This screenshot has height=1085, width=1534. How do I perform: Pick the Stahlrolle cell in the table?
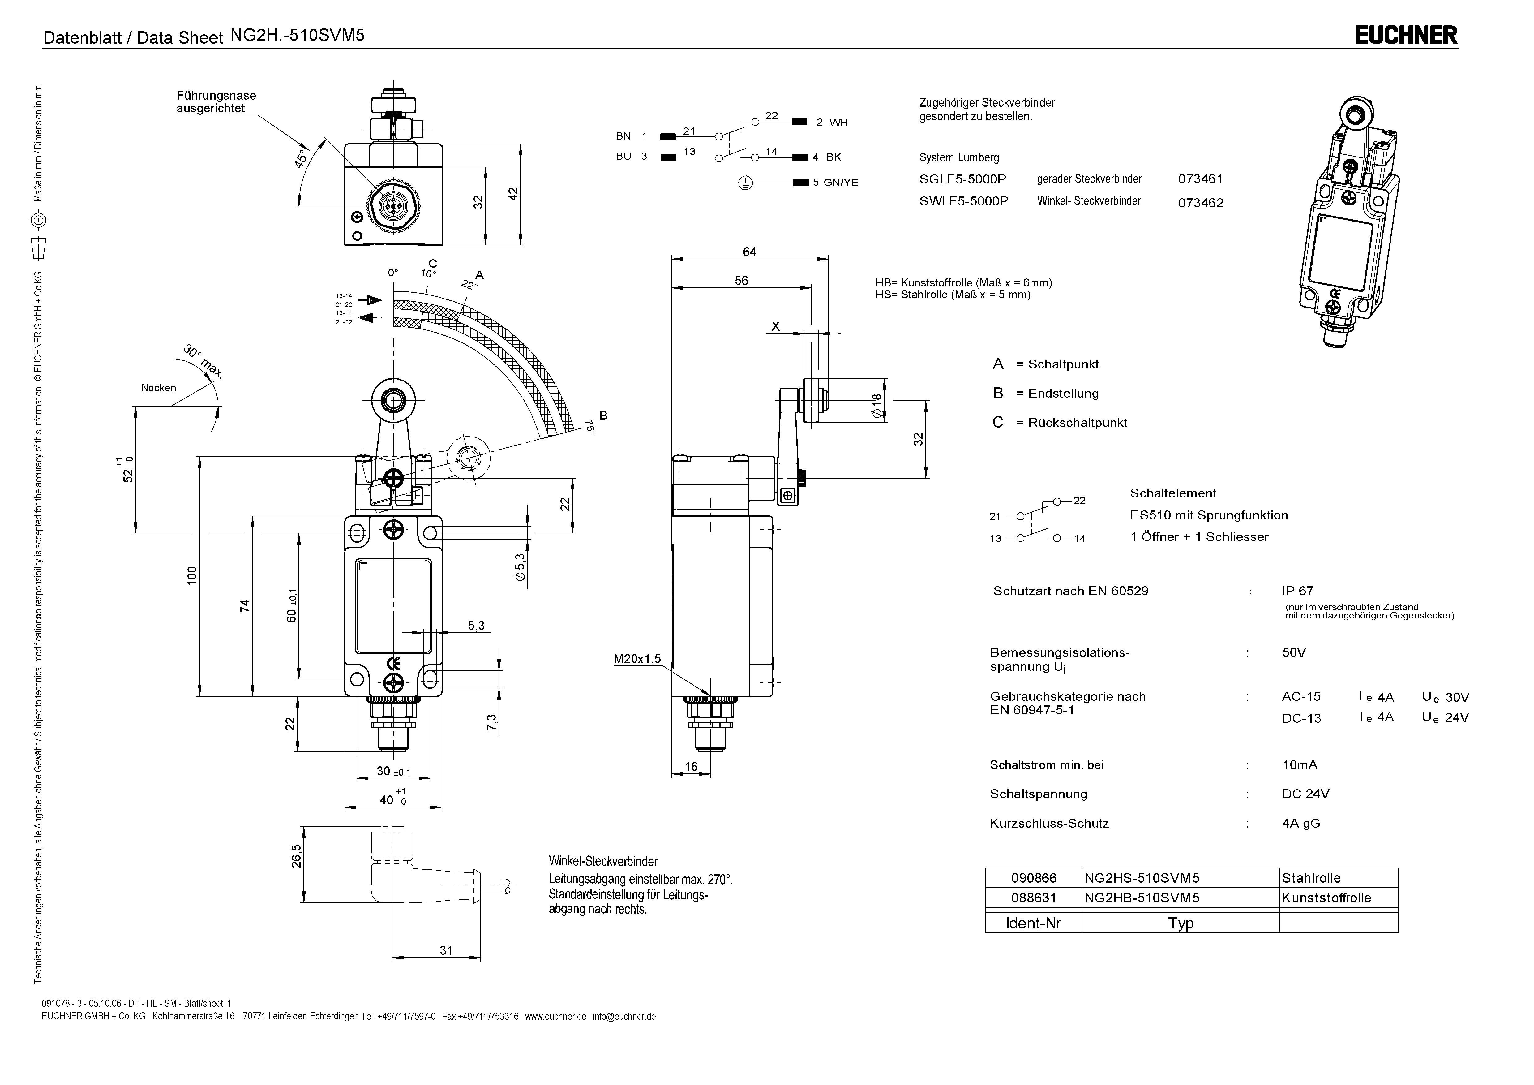tap(1311, 878)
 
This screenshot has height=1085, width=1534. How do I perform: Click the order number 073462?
tap(1201, 203)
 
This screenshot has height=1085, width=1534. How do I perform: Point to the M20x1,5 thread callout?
tap(637, 659)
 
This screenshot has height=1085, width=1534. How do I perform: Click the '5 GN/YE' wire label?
tap(835, 183)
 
